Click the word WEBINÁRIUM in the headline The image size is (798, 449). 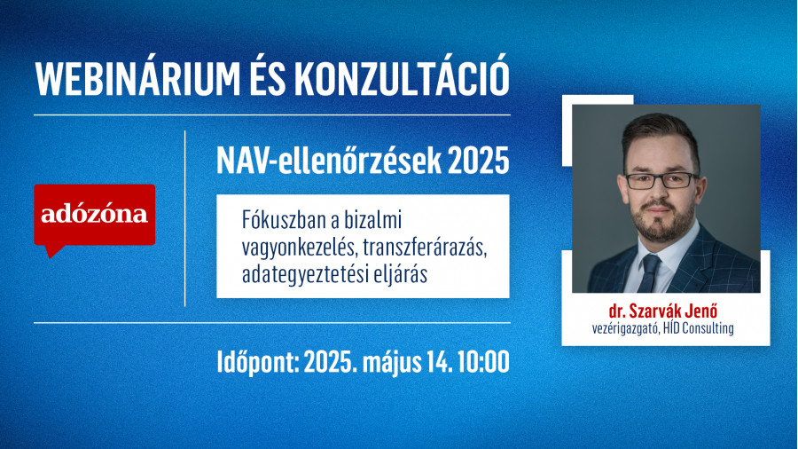pos(138,78)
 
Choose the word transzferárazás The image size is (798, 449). pos(425,248)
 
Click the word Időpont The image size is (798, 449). pos(258,362)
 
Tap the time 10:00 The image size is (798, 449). pos(483,362)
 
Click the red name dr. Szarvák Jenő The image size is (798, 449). pos(662,311)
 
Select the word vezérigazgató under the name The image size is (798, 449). pos(626,328)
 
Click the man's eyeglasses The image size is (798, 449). pos(661,180)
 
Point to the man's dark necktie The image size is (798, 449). pos(648,273)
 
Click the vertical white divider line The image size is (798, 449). pos(184,218)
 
